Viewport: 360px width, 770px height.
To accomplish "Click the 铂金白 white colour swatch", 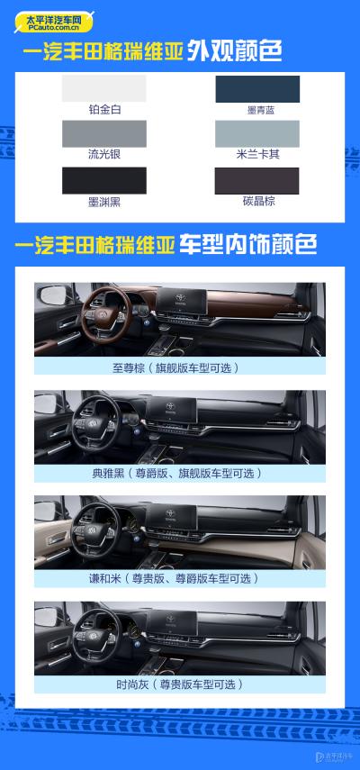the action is click(x=104, y=88).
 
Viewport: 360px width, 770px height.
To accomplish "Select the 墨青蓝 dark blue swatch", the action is click(x=257, y=89).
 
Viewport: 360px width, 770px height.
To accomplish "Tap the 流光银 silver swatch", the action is click(x=104, y=133).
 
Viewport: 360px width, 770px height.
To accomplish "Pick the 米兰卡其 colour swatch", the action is click(x=257, y=133).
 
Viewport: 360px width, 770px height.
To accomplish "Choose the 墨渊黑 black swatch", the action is click(x=104, y=181).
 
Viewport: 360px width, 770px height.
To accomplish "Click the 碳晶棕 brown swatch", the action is click(x=257, y=181).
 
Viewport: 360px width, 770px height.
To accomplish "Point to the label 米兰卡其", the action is click(x=258, y=155).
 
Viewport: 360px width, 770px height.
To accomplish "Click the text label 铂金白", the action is click(x=104, y=110).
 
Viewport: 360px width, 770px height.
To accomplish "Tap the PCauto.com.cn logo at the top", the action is click(x=54, y=23).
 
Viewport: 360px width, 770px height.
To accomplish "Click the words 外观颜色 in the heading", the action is click(x=234, y=52).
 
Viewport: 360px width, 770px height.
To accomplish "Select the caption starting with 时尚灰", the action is click(x=179, y=685).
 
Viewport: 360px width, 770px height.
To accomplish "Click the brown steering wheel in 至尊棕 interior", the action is click(x=105, y=315).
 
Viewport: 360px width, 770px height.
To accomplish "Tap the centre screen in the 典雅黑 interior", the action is click(x=171, y=410).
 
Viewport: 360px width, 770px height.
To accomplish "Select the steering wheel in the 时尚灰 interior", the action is click(x=96, y=633).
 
